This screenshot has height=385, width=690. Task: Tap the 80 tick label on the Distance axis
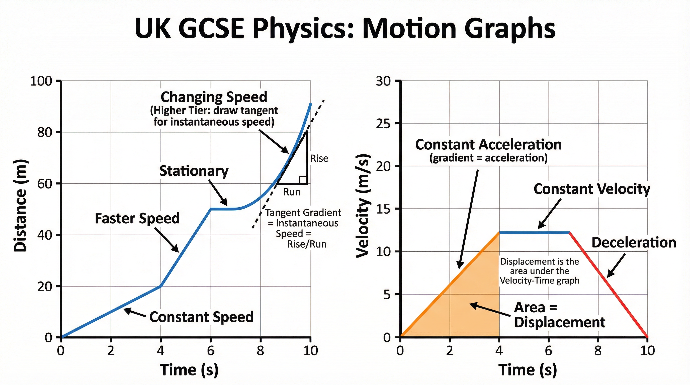(44, 132)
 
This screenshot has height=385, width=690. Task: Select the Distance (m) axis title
(21, 206)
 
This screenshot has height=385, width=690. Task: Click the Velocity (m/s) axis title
(364, 206)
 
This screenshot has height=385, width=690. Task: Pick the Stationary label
(194, 171)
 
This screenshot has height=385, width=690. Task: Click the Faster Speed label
(137, 219)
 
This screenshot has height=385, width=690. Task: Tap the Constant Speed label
(201, 317)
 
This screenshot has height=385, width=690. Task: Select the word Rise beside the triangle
(319, 158)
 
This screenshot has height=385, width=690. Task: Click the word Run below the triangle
(292, 192)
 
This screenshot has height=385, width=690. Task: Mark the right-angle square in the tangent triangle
(303, 180)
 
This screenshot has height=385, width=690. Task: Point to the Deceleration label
(634, 243)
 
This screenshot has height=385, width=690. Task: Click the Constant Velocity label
(592, 189)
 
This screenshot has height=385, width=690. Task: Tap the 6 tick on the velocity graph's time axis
(548, 351)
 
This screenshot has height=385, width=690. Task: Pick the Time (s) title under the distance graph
(189, 370)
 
